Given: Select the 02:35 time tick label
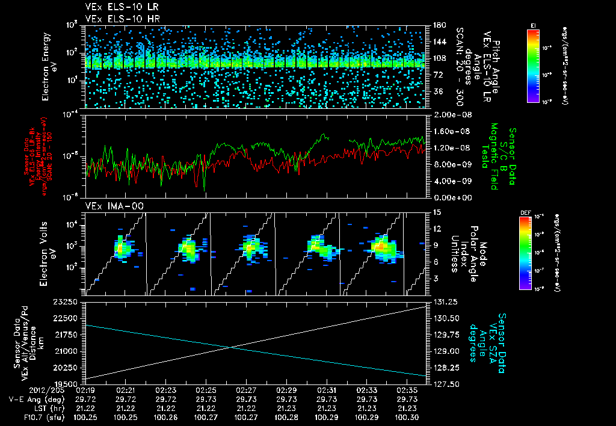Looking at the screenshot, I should [x=407, y=390].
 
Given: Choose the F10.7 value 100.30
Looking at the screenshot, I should [x=407, y=417].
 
